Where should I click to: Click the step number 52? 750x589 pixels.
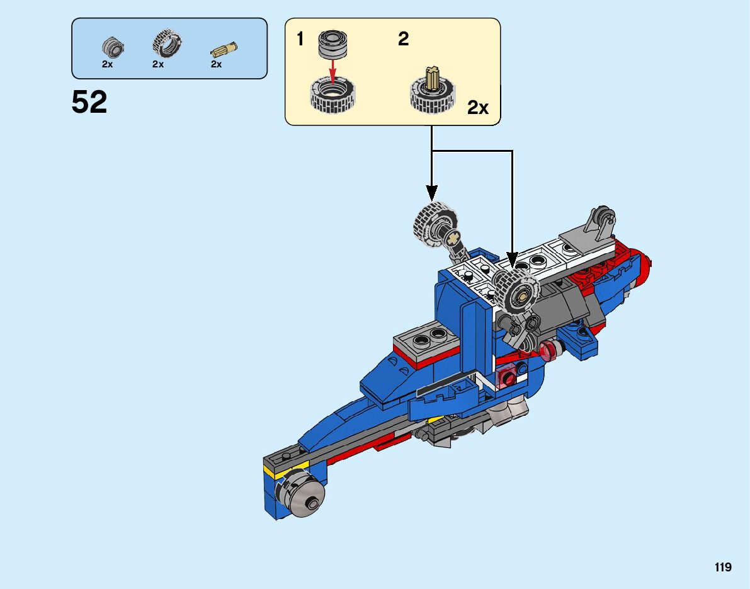point(89,102)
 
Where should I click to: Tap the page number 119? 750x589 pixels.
point(723,567)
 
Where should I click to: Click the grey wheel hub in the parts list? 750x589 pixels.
point(113,47)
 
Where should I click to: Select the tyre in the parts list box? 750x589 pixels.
point(167,43)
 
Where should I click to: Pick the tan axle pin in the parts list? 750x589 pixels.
point(224,49)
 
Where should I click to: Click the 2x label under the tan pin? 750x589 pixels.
point(216,64)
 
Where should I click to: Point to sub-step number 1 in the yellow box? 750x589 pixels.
point(300,39)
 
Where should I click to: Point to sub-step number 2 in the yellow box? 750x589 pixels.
point(403,39)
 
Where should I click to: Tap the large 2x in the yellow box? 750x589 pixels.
point(478,108)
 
